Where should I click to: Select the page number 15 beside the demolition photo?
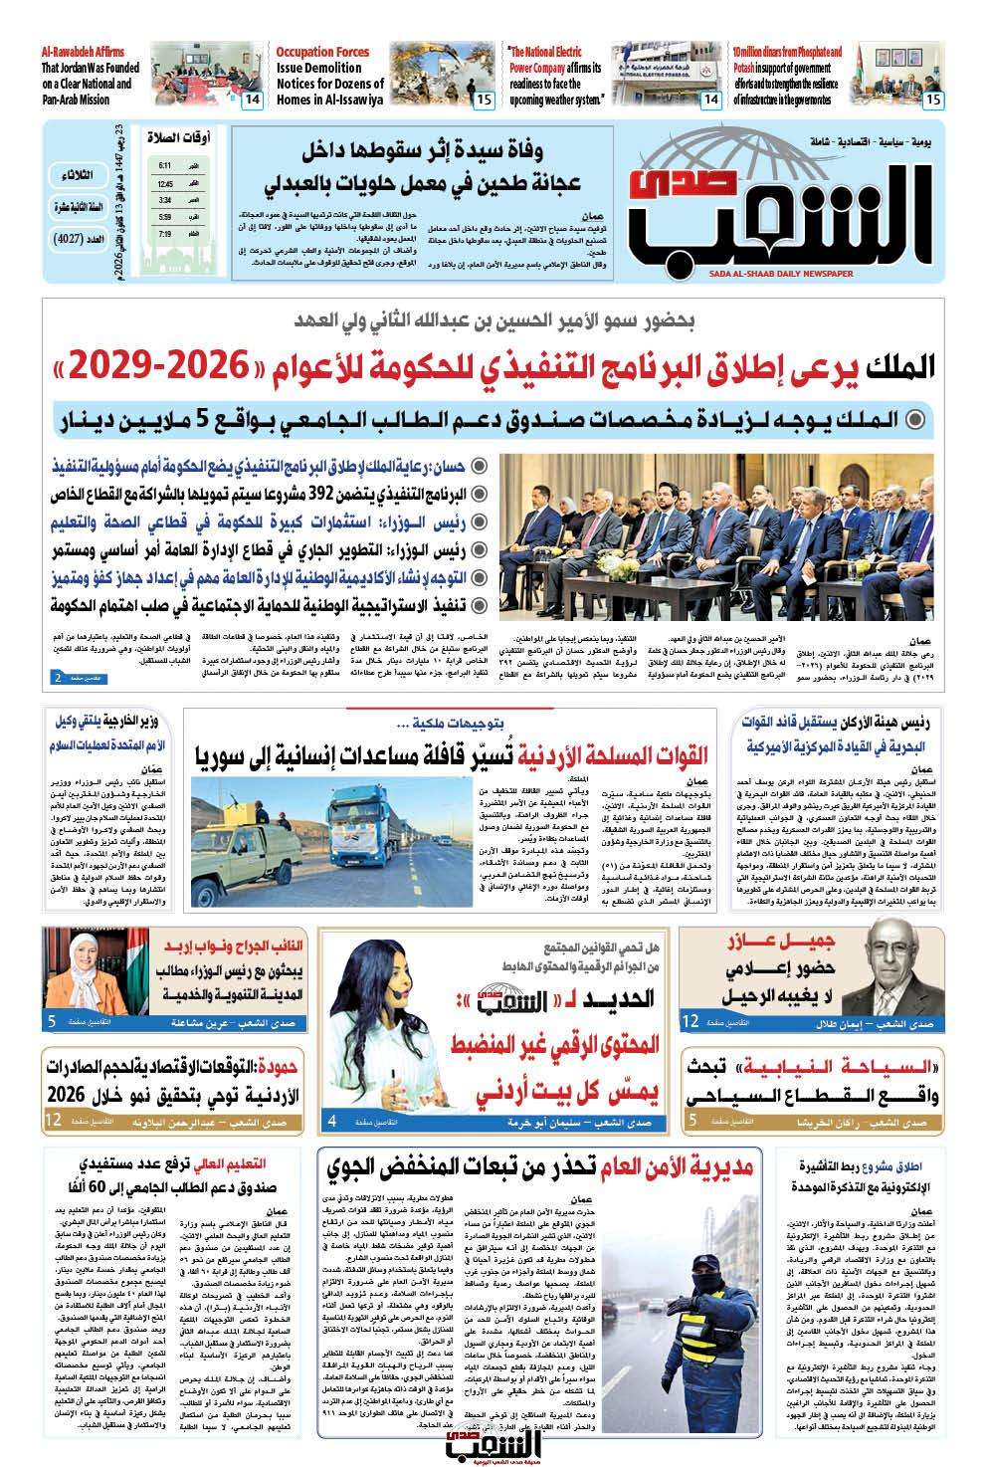click(x=484, y=100)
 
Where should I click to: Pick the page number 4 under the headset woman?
click(x=330, y=1122)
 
